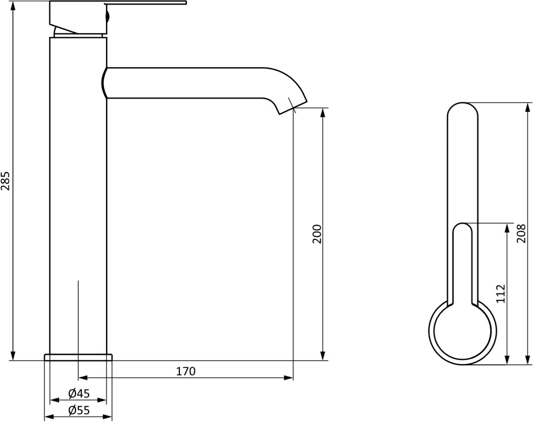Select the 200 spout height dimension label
[317, 233]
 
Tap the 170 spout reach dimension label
[186, 371]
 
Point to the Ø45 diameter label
[79, 393]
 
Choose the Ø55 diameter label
[79, 411]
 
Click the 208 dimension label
[521, 233]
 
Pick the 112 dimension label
[500, 293]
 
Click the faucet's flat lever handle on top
[145, 3]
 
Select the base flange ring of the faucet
[78, 357]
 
